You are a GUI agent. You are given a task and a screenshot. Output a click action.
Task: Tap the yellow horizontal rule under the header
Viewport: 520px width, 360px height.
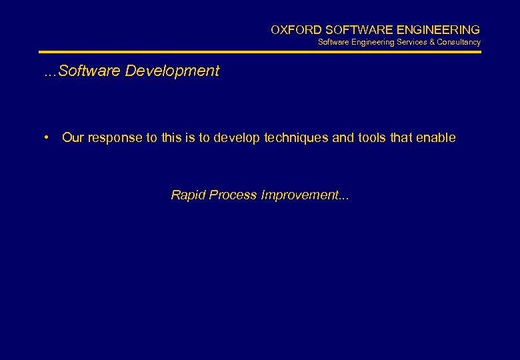(x=259, y=52)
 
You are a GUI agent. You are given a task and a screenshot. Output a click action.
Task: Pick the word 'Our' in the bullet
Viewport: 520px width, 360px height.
(x=73, y=138)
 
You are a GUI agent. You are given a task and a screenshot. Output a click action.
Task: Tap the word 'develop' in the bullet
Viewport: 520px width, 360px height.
(x=237, y=138)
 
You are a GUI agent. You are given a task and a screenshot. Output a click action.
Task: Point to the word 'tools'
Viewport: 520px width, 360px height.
(x=372, y=138)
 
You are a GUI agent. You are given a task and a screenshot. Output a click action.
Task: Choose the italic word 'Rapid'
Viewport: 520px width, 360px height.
(x=188, y=195)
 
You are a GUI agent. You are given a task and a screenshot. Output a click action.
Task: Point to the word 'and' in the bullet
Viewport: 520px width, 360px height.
(x=343, y=138)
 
